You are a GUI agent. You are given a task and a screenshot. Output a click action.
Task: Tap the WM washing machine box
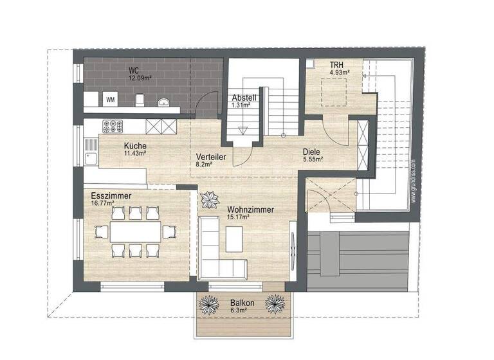point(110,100)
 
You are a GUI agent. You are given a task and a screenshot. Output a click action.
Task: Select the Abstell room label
point(244,98)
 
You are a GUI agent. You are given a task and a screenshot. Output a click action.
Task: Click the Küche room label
point(135,146)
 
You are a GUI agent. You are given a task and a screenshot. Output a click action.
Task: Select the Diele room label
point(313,152)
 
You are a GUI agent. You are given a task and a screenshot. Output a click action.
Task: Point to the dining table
point(134,231)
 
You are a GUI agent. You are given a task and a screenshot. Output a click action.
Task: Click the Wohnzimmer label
point(250,210)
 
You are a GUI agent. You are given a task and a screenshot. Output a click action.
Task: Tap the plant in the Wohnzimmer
point(209,201)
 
